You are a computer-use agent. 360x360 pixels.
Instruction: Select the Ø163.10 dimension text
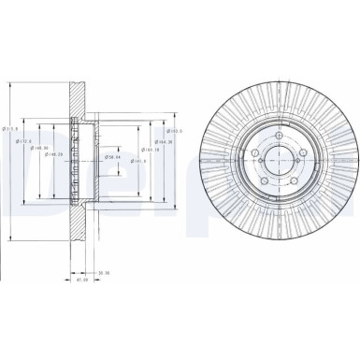pos(150,148)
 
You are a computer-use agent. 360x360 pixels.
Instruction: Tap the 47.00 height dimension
pos(81,279)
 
